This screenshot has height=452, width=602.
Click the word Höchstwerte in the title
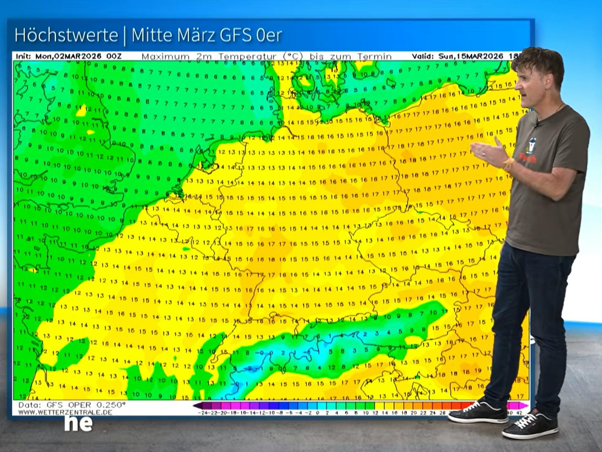pos(66,35)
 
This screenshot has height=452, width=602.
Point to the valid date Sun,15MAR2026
pos(471,56)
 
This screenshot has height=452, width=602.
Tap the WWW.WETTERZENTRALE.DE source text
pos(65,412)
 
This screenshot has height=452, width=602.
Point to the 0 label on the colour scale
pos(318,413)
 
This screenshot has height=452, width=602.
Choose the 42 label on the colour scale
pos(519,413)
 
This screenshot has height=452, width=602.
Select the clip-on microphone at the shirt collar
pos(536,123)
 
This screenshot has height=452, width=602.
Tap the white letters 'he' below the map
pos(78,423)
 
